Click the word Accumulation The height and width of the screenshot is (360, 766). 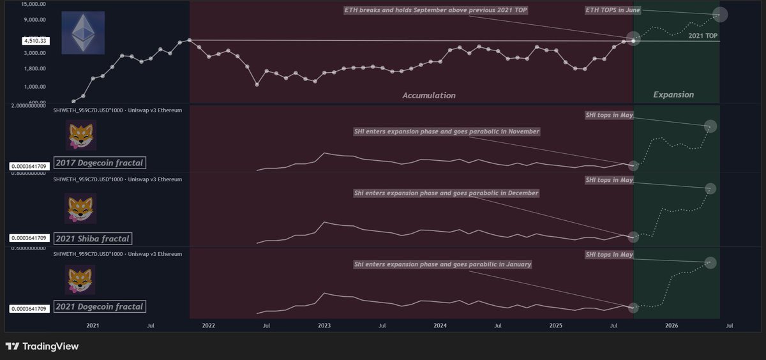428,95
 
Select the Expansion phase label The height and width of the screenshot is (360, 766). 673,94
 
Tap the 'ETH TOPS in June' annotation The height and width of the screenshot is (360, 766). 613,10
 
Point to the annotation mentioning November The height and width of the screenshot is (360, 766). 446,131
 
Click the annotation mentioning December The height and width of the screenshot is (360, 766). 446,193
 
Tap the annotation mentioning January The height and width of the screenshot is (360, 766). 442,264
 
